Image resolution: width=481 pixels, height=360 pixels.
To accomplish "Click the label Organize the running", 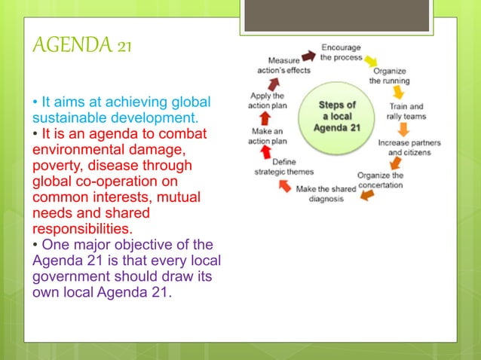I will pyautogui.click(x=389, y=75).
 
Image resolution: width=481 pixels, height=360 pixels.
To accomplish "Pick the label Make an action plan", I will pyautogui.click(x=267, y=136).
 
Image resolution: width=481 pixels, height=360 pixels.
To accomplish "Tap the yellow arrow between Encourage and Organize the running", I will pyautogui.click(x=372, y=59).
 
